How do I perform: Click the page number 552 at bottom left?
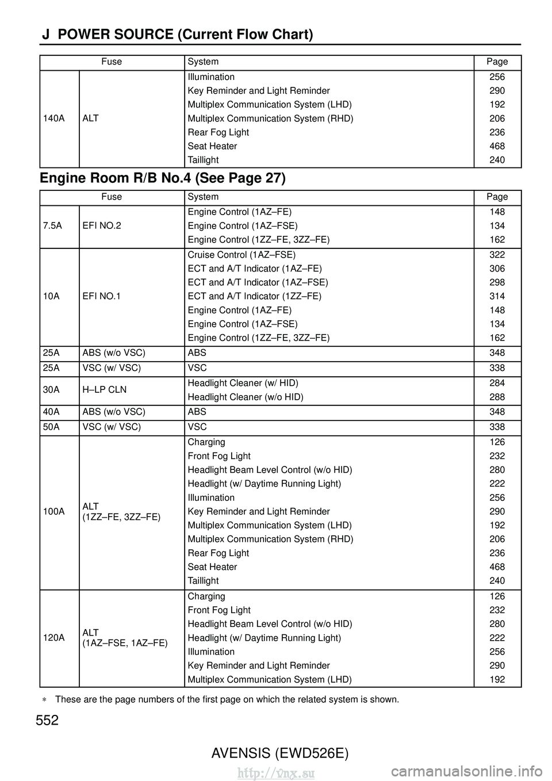(x=47, y=720)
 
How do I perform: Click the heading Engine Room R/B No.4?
(x=163, y=178)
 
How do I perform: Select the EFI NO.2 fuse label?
(x=102, y=225)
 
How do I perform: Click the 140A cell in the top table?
(x=53, y=118)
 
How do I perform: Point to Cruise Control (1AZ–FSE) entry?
(x=241, y=255)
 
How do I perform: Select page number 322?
(x=497, y=255)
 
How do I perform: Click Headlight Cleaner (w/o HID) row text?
(x=246, y=397)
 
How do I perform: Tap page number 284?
(x=497, y=383)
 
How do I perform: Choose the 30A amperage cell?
(x=51, y=390)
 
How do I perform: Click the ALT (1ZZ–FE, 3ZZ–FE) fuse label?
(x=121, y=512)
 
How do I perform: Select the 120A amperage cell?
(x=53, y=638)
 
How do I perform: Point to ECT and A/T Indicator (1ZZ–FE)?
(x=254, y=296)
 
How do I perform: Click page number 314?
(x=497, y=296)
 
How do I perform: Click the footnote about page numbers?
(x=226, y=699)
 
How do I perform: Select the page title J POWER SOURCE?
(x=177, y=35)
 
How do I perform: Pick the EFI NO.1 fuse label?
(x=102, y=296)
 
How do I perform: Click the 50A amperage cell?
(x=51, y=427)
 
